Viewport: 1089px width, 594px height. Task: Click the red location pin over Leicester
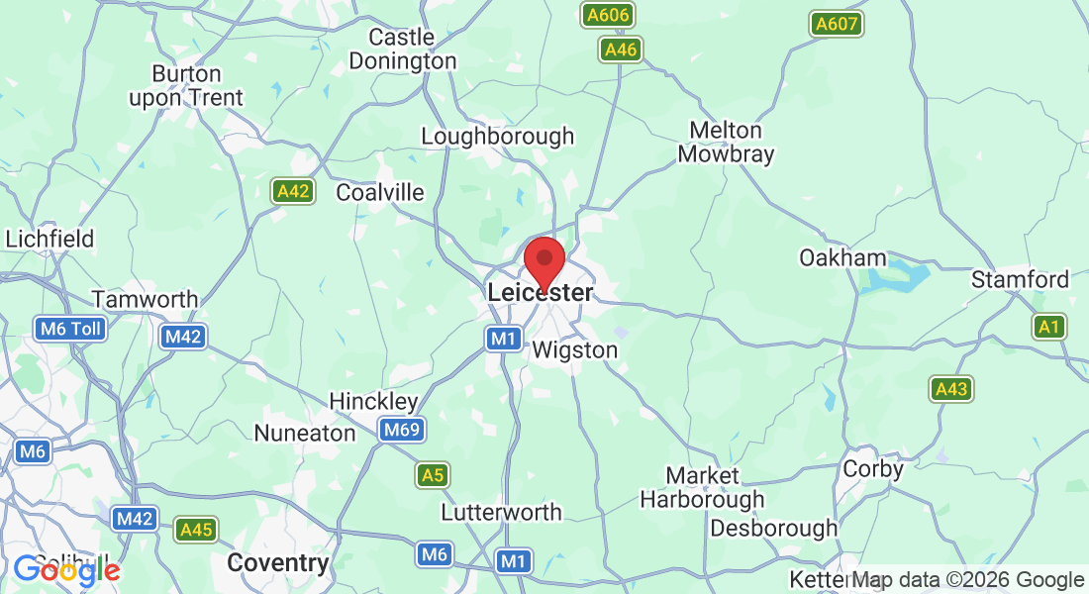coord(544,261)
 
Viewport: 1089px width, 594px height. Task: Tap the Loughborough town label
coord(497,137)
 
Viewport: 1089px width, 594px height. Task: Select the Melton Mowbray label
coord(726,143)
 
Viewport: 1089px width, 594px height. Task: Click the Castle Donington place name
coord(412,49)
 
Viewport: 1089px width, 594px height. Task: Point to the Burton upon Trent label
coord(185,85)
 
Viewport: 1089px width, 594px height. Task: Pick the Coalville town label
coord(380,192)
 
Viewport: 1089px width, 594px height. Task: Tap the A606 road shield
coord(607,16)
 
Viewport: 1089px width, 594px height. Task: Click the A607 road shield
coord(837,24)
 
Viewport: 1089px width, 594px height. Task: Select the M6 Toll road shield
coord(69,329)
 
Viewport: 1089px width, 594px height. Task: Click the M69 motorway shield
coord(402,430)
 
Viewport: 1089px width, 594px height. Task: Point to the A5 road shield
coord(433,475)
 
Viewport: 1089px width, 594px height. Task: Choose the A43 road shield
coord(950,389)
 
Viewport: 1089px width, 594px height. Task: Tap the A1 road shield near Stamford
coord(1049,326)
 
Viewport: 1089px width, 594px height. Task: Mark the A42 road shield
coord(293,191)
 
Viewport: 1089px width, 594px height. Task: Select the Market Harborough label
coord(702,488)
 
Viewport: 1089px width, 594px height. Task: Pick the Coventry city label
coord(277,563)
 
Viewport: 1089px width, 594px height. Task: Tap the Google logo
coord(66,571)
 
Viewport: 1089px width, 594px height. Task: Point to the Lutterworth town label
coord(501,513)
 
